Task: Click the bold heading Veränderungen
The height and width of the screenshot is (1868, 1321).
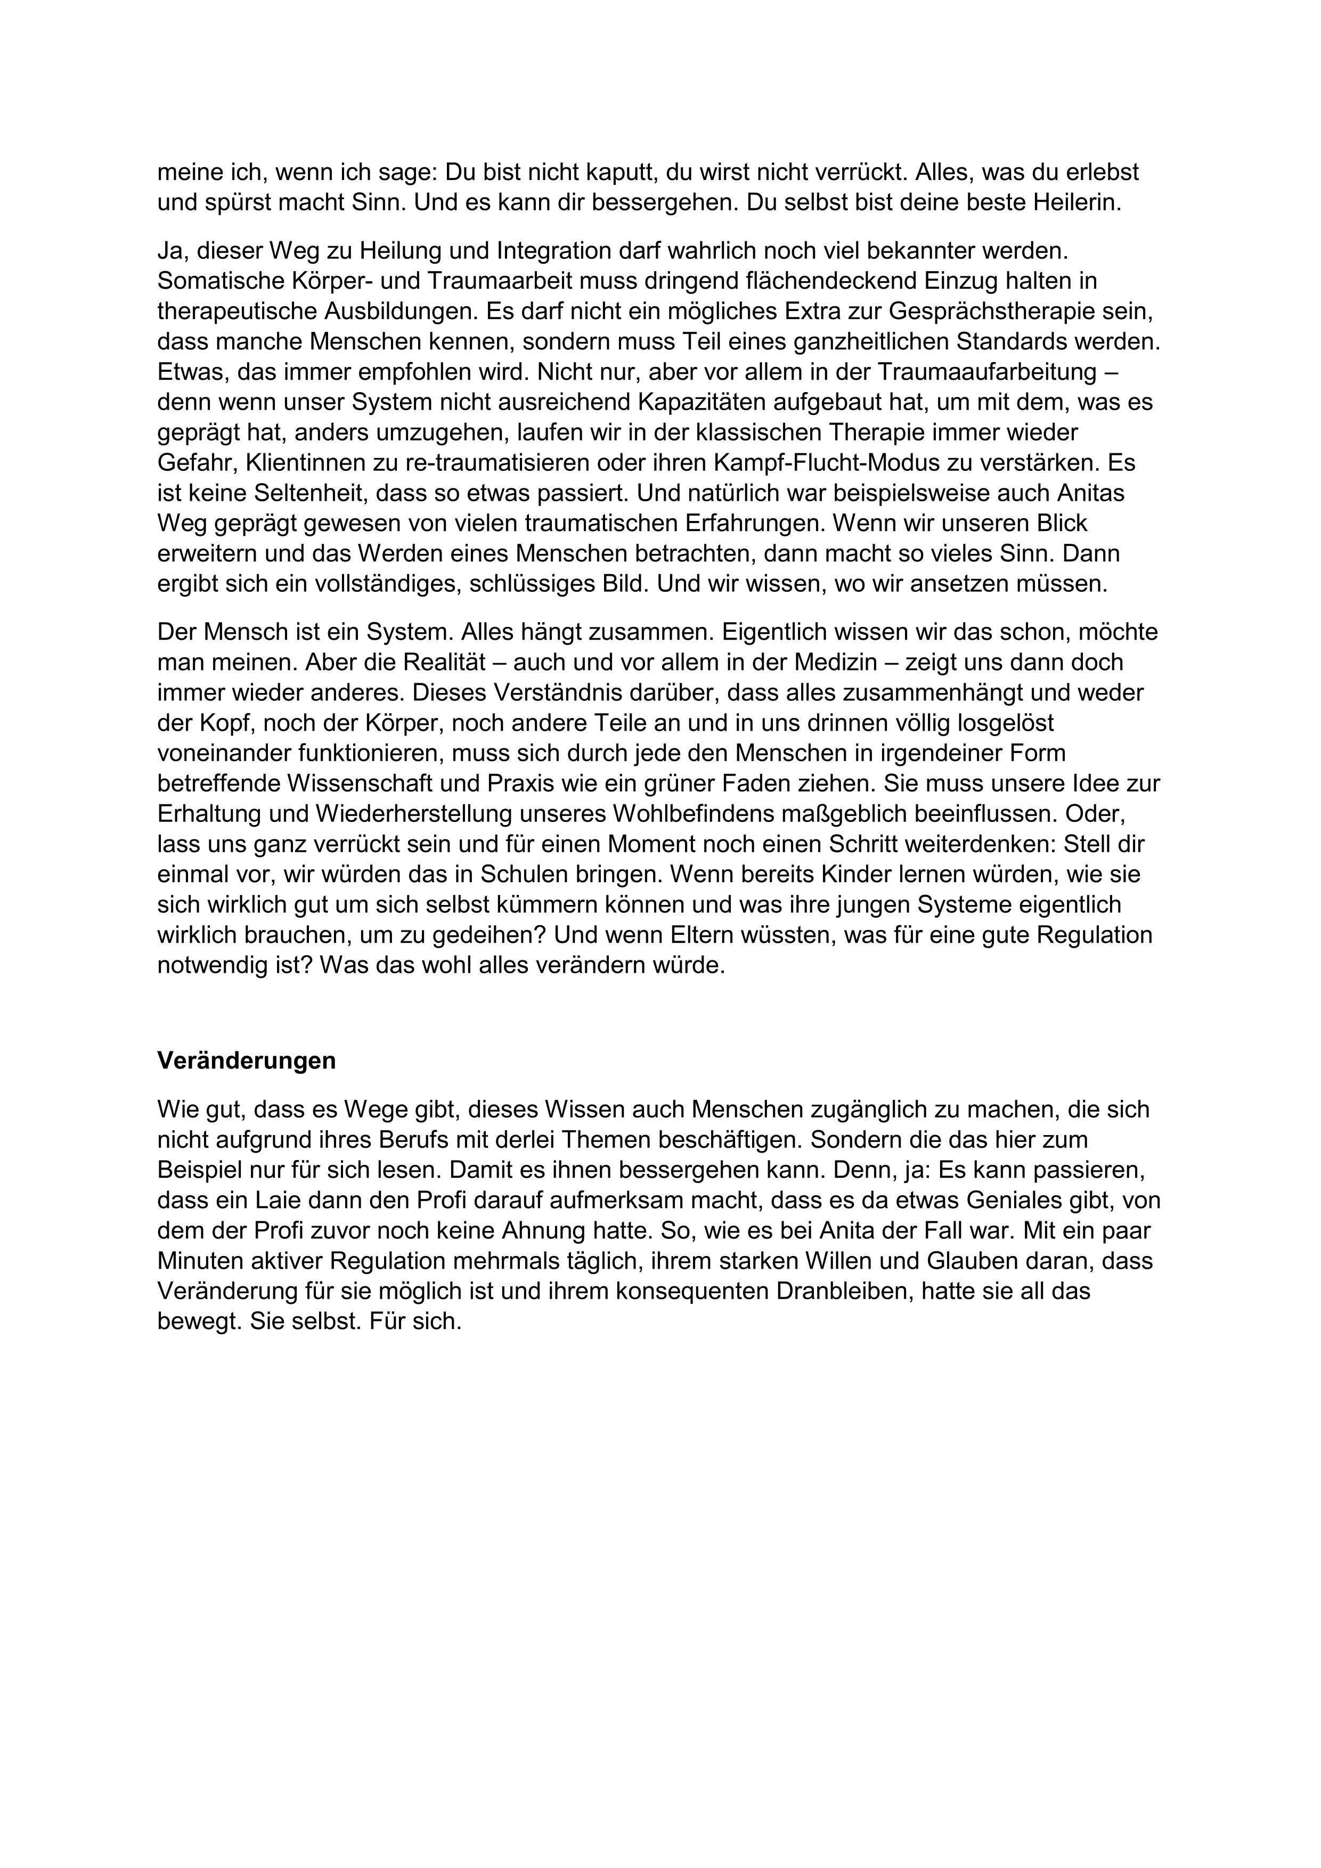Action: (x=247, y=1061)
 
